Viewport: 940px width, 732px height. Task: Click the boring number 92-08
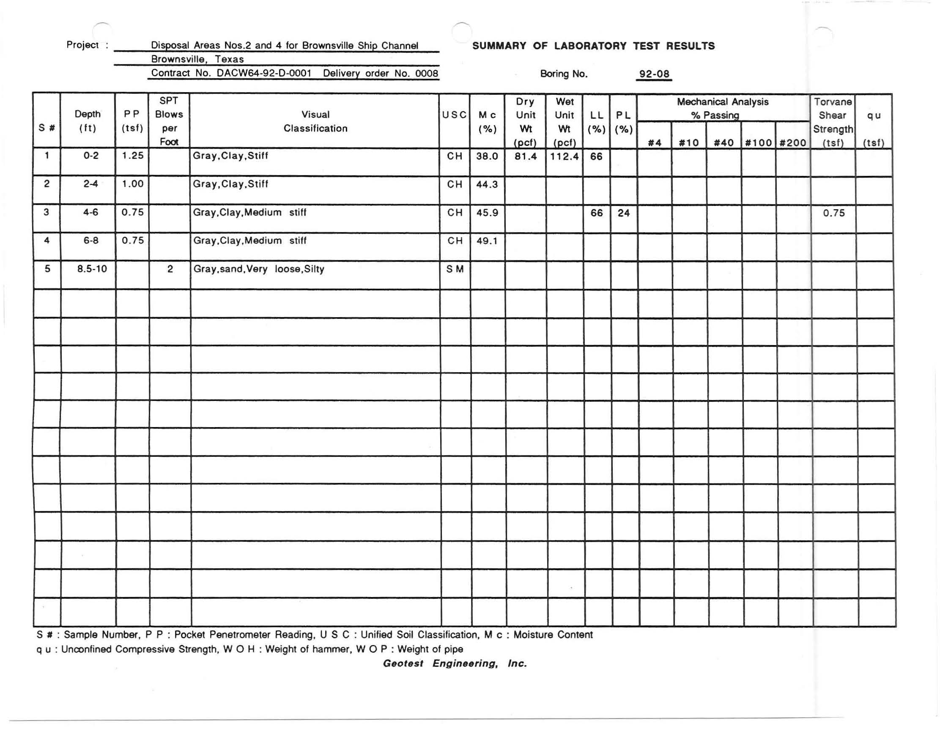[x=654, y=74]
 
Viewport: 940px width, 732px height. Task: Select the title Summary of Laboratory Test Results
[x=593, y=46]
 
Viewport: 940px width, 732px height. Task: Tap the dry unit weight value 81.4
[x=525, y=156]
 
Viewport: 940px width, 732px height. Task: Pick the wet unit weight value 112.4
[x=564, y=156]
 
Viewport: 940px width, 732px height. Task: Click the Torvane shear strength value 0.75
[x=833, y=213]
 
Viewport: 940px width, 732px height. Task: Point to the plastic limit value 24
[x=623, y=213]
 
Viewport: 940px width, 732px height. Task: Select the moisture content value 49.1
[x=487, y=241]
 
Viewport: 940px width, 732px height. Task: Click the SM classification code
[x=455, y=269]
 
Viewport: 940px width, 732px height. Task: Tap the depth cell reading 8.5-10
[x=92, y=269]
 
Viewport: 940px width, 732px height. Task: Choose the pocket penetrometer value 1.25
[x=132, y=156]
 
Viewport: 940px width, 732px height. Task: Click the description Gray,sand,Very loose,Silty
[x=258, y=269]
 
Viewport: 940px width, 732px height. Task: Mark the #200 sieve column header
[x=792, y=143]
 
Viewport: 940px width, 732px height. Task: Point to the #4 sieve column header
[x=654, y=143]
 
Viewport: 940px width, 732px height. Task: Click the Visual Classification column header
[x=315, y=121]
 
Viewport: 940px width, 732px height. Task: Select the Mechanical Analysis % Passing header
[x=722, y=108]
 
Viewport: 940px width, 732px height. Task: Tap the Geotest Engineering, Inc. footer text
[x=455, y=663]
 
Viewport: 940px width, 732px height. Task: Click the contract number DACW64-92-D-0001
[x=264, y=73]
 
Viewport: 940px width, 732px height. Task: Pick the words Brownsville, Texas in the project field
[x=197, y=59]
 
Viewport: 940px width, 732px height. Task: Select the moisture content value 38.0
[x=487, y=156]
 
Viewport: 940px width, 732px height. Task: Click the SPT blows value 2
[x=170, y=269]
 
